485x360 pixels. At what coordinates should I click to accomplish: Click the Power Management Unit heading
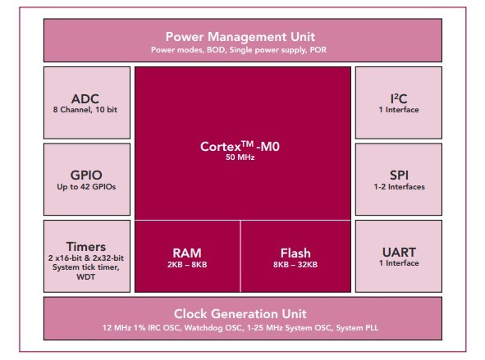click(240, 37)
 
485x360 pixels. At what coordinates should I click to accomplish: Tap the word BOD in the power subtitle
click(216, 50)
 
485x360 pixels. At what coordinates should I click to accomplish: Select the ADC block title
click(85, 99)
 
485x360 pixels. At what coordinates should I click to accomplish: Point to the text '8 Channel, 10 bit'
click(85, 110)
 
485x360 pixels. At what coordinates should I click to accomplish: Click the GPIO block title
click(86, 175)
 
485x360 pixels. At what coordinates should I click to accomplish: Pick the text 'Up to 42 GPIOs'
click(86, 187)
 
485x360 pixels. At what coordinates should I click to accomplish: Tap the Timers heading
click(86, 247)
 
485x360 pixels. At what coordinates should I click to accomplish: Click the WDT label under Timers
click(85, 276)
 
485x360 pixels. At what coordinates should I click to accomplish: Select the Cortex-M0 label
click(240, 146)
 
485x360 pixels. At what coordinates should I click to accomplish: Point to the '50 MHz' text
click(240, 157)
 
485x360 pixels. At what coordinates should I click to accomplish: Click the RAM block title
click(187, 253)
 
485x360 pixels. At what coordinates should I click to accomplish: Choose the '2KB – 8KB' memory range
click(187, 265)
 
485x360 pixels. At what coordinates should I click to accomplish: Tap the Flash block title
click(295, 253)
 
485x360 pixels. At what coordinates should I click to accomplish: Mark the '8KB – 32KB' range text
click(295, 265)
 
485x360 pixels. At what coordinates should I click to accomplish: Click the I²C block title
click(399, 99)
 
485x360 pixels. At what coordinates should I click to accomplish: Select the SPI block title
click(399, 175)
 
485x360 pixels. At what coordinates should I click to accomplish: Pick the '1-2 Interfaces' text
click(399, 187)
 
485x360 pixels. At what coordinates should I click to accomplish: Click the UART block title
click(399, 252)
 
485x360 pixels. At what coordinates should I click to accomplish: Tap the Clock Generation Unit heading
click(240, 314)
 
